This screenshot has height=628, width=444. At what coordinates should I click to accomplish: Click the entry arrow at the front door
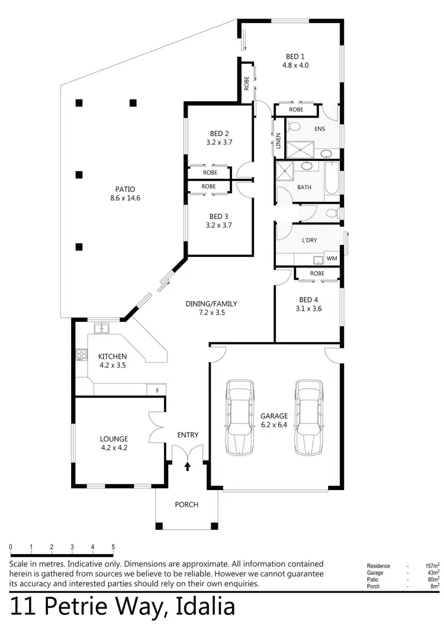tap(188, 466)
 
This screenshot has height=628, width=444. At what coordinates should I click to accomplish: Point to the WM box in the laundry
tap(332, 259)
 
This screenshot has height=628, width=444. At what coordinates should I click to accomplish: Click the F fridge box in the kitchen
tap(157, 390)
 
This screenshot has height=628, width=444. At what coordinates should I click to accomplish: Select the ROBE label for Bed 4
tap(317, 273)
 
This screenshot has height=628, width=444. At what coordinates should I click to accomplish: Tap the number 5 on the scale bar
tap(113, 548)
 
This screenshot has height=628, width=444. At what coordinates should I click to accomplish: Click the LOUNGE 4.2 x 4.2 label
tap(114, 443)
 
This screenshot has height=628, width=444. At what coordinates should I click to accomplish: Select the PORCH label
tap(186, 505)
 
